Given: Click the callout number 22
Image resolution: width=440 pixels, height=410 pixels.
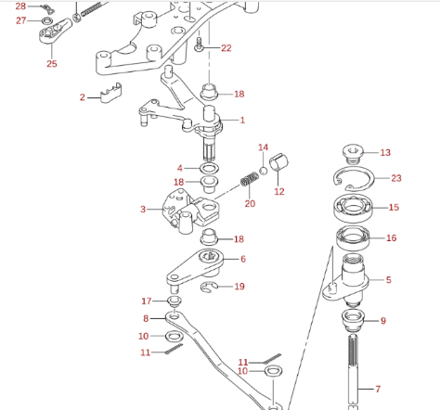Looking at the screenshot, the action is point(226,48).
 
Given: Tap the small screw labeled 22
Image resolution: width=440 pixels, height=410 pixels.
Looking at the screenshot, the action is point(199,45).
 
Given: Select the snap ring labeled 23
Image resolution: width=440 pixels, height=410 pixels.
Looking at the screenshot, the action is point(354,179).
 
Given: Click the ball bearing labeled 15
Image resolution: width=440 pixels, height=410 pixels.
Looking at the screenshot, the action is point(354,208).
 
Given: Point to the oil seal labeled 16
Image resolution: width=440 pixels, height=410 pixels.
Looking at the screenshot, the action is point(353,238).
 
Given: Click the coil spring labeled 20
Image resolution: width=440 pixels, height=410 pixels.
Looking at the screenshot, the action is point(250,179).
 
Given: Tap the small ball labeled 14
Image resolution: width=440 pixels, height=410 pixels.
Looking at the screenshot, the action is point(263,171).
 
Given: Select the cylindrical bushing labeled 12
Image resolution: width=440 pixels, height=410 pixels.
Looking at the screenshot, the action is point(278,161).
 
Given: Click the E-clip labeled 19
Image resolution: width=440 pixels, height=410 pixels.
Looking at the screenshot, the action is point(209,288).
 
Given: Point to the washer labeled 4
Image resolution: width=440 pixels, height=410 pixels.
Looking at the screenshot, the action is point(210,169).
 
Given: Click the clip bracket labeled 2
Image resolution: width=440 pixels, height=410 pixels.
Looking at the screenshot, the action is point(111,93).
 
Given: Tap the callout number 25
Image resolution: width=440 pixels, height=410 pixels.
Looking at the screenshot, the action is point(52,64).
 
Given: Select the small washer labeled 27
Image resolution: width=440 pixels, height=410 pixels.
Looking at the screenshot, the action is point(47,21).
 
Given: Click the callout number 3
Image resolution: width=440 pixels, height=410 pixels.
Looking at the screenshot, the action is point(143,210).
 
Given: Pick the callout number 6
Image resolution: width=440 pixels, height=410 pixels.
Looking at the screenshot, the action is point(243,259).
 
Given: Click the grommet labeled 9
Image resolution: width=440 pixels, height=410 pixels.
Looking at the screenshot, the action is point(353,320).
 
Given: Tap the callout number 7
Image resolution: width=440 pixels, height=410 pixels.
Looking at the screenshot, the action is point(378,389).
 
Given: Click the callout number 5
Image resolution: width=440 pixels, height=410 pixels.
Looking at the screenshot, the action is point(389,280).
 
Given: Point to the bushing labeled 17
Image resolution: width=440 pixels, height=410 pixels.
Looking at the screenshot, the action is point(175,301).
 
